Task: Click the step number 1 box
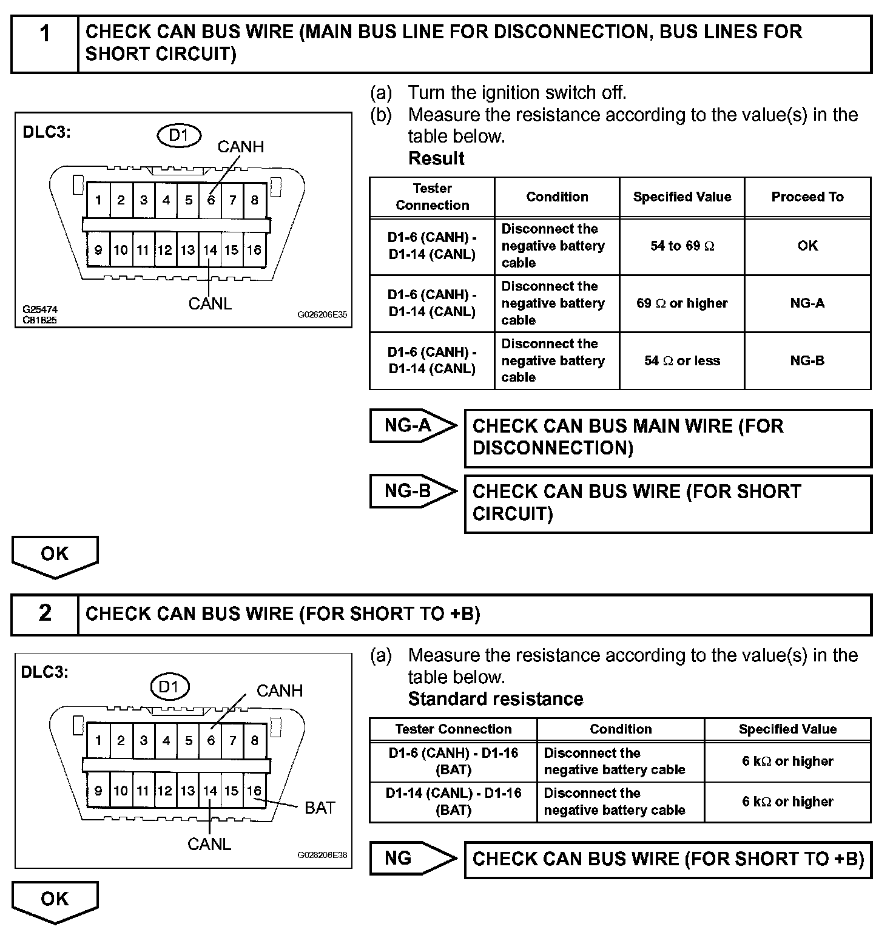(x=45, y=44)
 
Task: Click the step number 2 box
(x=45, y=614)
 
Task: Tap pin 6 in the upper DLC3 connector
(x=211, y=200)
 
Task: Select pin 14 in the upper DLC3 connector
(x=210, y=249)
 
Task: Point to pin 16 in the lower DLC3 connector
(x=254, y=791)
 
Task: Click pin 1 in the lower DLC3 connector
(x=98, y=740)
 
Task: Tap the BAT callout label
(x=320, y=808)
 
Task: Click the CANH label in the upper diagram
(x=241, y=147)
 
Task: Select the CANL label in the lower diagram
(x=209, y=844)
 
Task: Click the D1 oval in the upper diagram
(x=179, y=135)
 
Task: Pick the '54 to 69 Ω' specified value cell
(x=682, y=246)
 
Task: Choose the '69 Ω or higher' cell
(x=682, y=303)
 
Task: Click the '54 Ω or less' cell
(x=682, y=360)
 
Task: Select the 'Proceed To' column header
(x=807, y=197)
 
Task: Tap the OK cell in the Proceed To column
(x=807, y=246)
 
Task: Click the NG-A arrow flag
(x=411, y=425)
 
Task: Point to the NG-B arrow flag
(x=411, y=491)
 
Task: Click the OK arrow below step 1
(x=55, y=555)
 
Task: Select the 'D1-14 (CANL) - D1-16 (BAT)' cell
(x=453, y=802)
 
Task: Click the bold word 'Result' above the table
(x=436, y=158)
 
